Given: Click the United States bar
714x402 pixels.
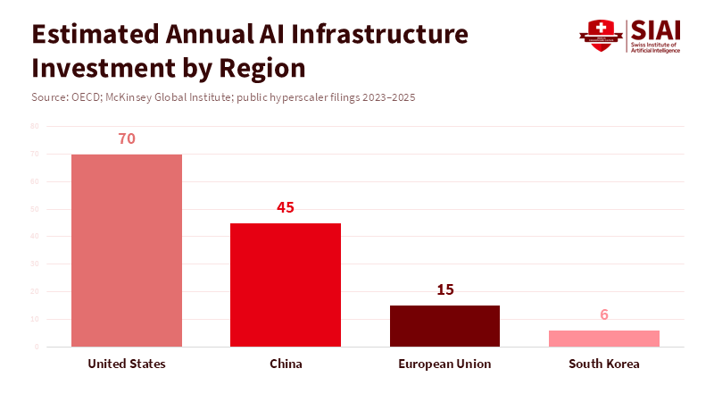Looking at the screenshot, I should coord(127,250).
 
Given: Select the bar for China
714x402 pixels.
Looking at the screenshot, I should coord(286,284).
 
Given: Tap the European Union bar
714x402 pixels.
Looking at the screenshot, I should coord(444,325).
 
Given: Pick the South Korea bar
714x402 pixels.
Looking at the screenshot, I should coord(604,338).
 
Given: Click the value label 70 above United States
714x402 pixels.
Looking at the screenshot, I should coord(127,139).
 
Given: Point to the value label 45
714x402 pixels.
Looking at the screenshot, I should coord(286,207).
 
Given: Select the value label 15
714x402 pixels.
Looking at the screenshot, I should coord(444,289).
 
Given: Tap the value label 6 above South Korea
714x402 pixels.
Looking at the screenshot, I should coord(604,314).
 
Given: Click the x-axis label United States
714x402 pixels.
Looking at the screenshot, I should coord(127,364).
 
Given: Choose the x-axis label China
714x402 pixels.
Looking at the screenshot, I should coord(286,364).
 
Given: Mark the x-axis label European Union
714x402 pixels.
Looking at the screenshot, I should coord(444,364).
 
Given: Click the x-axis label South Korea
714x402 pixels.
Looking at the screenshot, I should coord(604,364).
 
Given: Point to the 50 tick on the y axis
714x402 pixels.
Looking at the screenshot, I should coord(35,209).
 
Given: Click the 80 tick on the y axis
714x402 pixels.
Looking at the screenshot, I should coord(35,127).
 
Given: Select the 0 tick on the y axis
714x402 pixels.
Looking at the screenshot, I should coord(37,347).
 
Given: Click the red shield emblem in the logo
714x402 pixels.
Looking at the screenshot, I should coord(599,36).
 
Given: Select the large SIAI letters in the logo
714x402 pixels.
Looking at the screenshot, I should coord(655,29).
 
